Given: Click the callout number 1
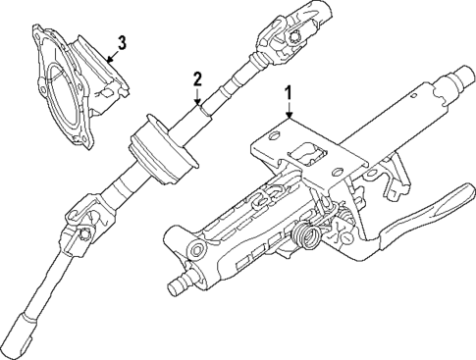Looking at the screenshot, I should coord(289,95).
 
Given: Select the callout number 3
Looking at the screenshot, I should coord(120,42).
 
